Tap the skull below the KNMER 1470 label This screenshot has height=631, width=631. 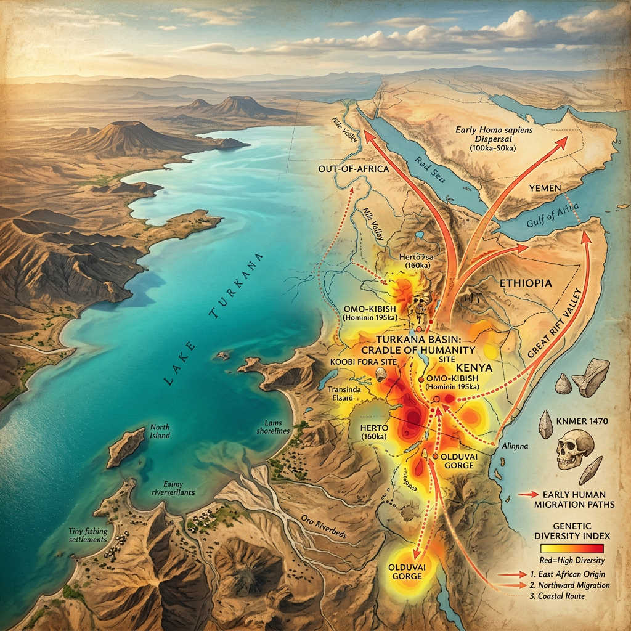[574, 450]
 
